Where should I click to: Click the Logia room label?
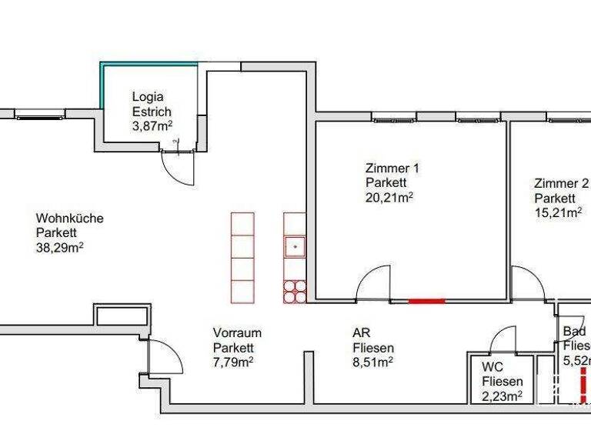(x=147, y=97)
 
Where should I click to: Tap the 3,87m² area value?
(x=152, y=126)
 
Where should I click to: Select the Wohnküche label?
(x=69, y=219)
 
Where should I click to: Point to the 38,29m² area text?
(x=60, y=248)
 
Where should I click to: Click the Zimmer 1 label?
(x=392, y=168)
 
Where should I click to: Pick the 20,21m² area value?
(x=389, y=197)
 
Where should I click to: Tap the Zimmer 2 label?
(x=561, y=183)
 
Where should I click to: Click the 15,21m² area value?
(x=558, y=212)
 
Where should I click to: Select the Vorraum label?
(x=237, y=332)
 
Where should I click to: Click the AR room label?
(x=361, y=332)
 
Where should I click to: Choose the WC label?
(x=492, y=367)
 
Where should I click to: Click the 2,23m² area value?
(x=503, y=396)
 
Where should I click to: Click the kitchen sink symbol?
(x=295, y=247)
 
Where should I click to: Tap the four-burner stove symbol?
(x=295, y=291)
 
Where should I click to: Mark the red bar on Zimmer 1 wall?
(x=426, y=301)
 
